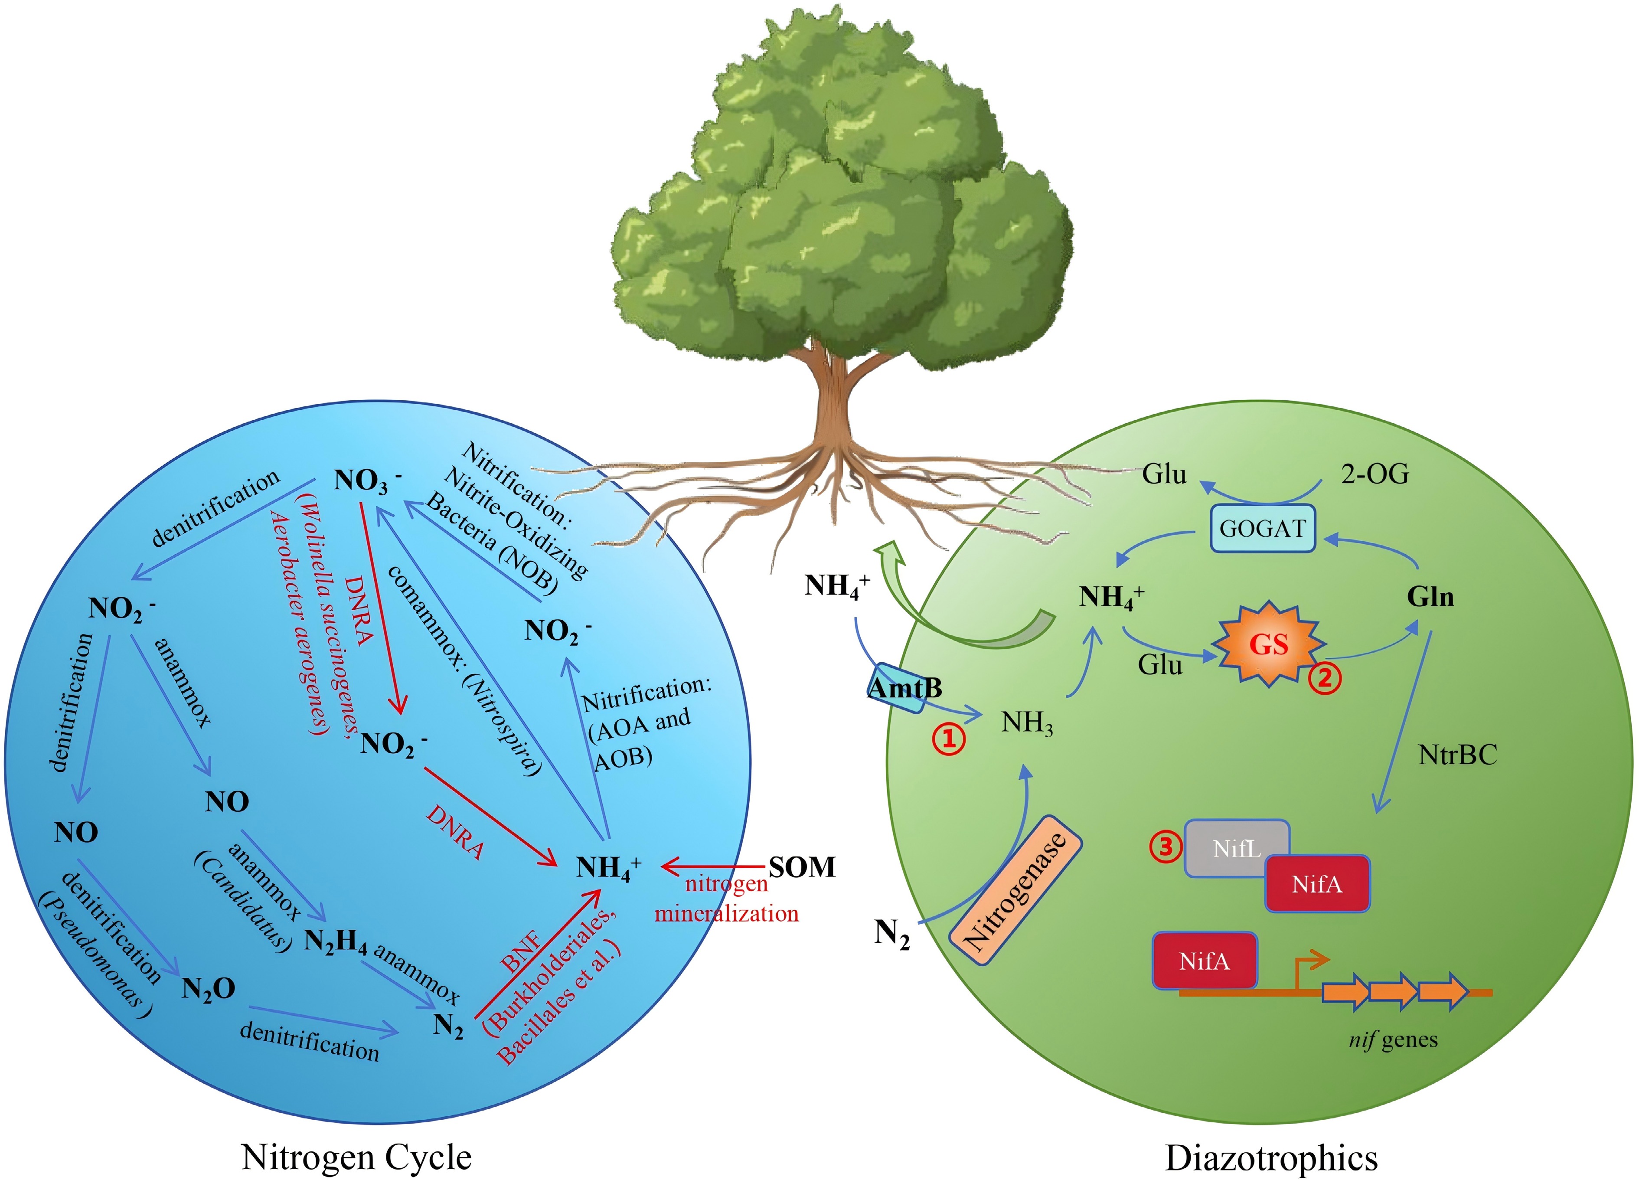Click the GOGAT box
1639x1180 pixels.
click(1262, 529)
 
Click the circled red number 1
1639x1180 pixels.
click(949, 739)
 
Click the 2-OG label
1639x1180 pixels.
click(1375, 474)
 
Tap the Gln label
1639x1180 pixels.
click(1430, 597)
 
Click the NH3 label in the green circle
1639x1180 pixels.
click(1026, 722)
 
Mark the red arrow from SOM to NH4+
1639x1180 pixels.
click(712, 866)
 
